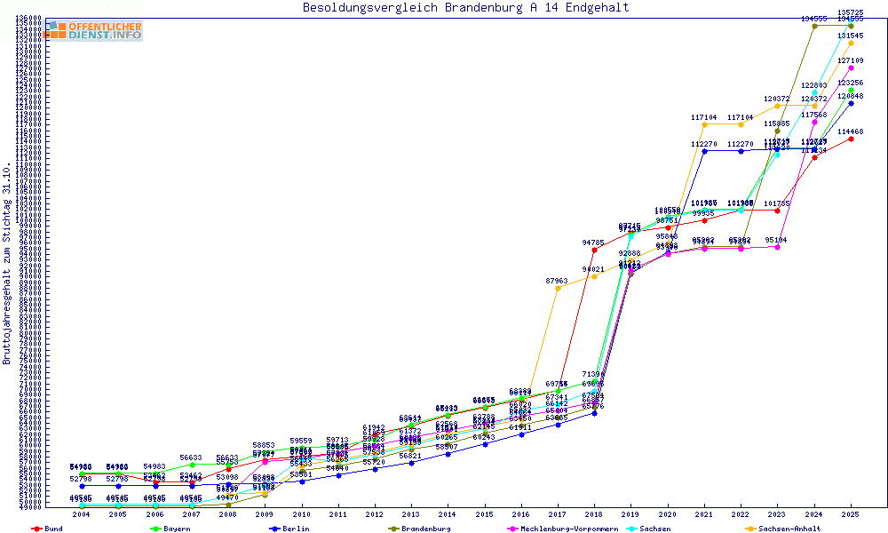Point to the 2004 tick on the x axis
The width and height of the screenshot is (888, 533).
click(x=82, y=514)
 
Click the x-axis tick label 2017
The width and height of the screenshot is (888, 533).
click(x=558, y=514)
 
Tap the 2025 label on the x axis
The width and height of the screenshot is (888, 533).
click(x=851, y=514)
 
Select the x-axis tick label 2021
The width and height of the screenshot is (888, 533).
click(x=704, y=514)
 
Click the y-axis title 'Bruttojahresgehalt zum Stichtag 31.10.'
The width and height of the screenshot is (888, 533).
click(x=7, y=263)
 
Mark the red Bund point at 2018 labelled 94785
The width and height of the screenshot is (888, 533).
click(x=594, y=250)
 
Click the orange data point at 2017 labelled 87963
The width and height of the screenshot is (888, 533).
click(x=558, y=288)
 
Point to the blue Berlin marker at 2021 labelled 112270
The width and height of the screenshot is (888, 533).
click(x=704, y=151)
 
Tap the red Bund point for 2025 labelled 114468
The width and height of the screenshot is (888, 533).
click(x=851, y=139)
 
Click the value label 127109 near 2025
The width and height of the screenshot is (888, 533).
click(x=851, y=60)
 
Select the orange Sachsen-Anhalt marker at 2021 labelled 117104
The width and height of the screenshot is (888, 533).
click(x=704, y=124)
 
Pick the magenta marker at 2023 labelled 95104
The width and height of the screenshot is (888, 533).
click(x=777, y=247)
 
